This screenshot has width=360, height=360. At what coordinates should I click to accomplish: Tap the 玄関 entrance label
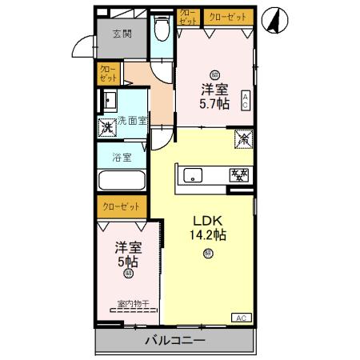(122, 34)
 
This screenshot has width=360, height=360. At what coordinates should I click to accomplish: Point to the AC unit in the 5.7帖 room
(245, 100)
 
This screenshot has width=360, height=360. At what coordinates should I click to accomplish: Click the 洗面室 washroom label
(132, 121)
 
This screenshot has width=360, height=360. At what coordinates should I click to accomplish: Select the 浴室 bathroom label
(122, 158)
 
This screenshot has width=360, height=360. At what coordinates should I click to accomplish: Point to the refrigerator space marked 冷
(243, 138)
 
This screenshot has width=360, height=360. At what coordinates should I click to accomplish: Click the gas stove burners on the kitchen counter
(239, 174)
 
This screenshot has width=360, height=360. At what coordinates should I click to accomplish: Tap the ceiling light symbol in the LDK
(208, 254)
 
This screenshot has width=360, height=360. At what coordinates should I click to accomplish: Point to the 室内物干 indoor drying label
(132, 303)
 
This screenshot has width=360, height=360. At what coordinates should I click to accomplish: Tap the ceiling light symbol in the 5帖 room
(128, 274)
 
